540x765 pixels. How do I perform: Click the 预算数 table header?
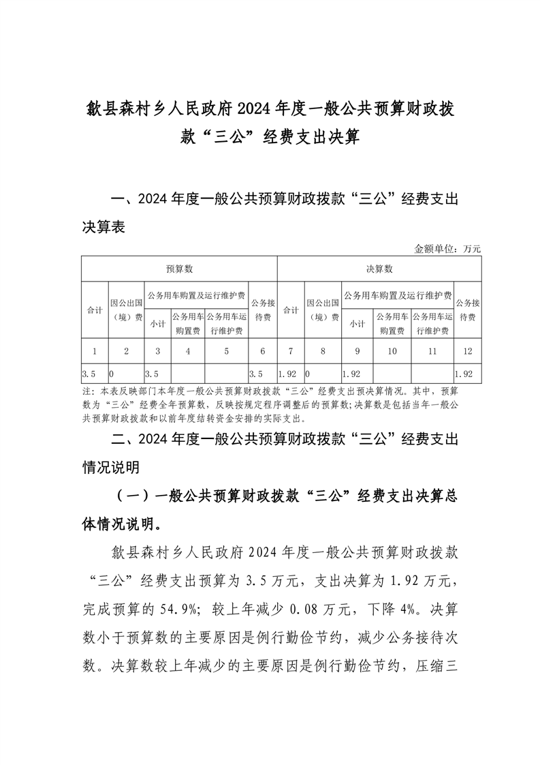180,269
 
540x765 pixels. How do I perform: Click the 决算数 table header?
379,269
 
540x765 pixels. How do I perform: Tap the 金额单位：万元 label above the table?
447,249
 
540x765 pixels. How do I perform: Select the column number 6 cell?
263,351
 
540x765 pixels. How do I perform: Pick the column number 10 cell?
392,351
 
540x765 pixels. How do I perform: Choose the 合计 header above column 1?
95,310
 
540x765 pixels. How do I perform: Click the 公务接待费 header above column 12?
467,310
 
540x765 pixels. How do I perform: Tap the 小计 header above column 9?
357,324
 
